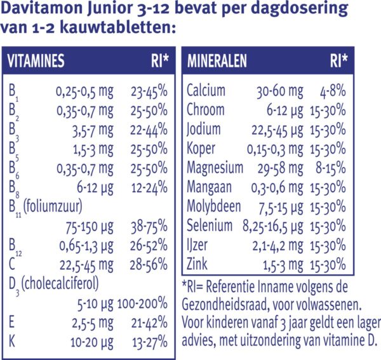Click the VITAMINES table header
click(x=44, y=62)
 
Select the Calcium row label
click(x=206, y=91)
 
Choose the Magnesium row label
click(x=215, y=168)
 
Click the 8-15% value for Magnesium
click(x=331, y=168)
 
